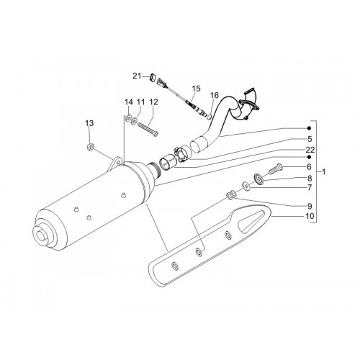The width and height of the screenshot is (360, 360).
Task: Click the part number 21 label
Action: [x=137, y=76]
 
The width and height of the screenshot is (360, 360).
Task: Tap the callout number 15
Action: [x=196, y=89]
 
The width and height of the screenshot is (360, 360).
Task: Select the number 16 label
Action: [x=215, y=95]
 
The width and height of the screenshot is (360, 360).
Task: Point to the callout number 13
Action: [x=89, y=123]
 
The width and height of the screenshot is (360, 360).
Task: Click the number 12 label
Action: [x=153, y=102]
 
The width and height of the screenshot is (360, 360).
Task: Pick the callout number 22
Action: [x=310, y=150]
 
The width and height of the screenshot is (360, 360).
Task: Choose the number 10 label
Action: [x=310, y=216]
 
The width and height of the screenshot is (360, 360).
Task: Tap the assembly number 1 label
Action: [x=323, y=172]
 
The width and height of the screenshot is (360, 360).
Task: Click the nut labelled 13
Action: [x=91, y=146]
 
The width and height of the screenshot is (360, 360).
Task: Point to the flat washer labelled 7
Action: [x=246, y=186]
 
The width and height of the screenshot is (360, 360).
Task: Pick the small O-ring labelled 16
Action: [x=209, y=117]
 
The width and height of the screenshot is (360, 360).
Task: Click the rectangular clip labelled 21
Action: [x=153, y=77]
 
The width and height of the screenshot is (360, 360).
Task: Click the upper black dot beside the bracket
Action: [x=309, y=128]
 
